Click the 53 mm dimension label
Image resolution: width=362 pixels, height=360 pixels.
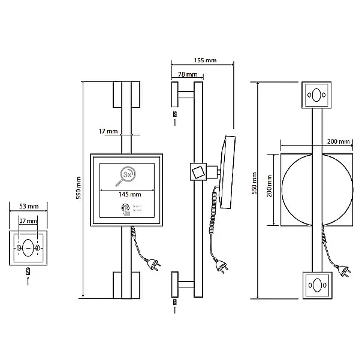28,207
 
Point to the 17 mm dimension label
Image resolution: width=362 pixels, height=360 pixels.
109,131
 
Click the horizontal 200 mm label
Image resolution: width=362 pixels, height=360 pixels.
338,142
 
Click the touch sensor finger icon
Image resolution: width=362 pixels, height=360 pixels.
126,210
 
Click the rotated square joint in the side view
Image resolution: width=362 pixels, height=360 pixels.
197,171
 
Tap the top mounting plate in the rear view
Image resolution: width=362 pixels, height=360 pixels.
315,93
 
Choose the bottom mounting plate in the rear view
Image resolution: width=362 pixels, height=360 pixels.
315,286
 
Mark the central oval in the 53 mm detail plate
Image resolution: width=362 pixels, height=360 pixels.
28,246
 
